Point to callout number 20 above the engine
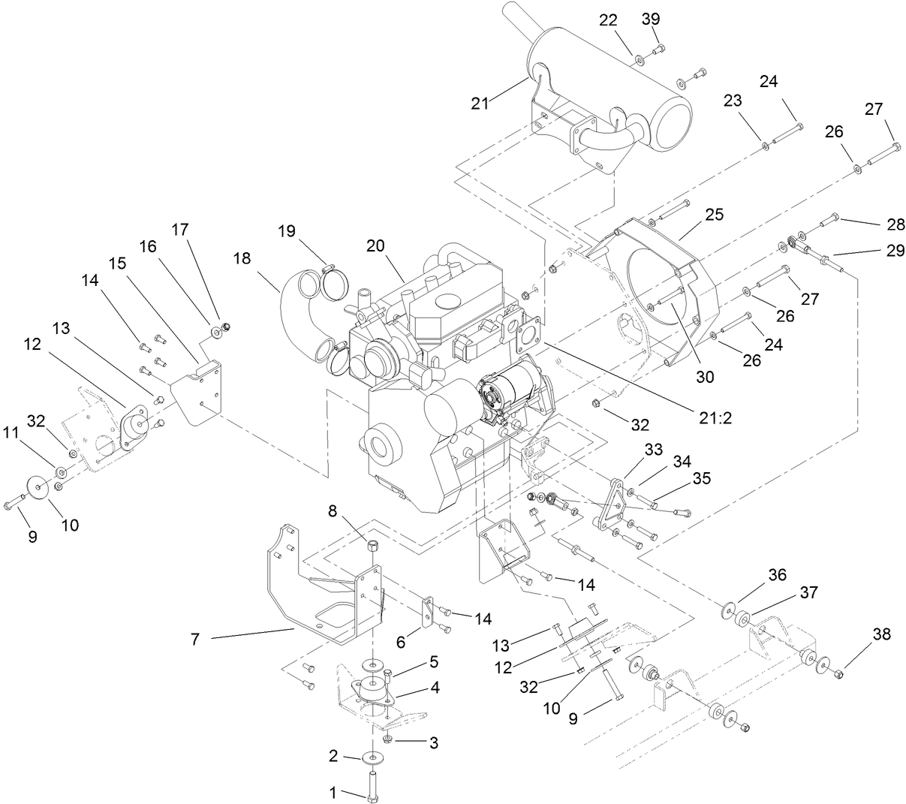(376, 245)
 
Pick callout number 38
(881, 634)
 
